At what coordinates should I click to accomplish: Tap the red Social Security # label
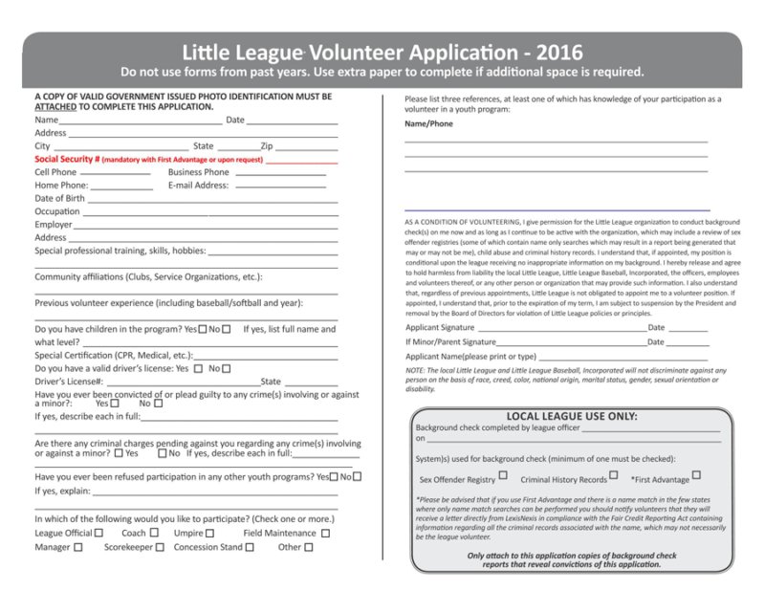click(67, 159)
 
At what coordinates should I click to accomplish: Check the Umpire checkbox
click(209, 533)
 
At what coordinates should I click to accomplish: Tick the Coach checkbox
click(155, 533)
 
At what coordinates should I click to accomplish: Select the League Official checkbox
click(99, 533)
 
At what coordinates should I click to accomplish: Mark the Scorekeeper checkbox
click(160, 548)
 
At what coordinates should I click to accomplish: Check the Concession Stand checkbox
click(250, 548)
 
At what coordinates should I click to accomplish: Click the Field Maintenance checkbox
click(325, 533)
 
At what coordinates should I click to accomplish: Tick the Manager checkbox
click(78, 548)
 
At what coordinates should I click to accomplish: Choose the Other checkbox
click(308, 548)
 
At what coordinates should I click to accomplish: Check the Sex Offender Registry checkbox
click(503, 476)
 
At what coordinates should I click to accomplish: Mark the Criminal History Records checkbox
click(615, 476)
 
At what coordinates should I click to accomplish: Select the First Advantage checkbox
click(696, 475)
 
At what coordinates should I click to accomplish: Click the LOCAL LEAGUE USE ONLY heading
click(571, 416)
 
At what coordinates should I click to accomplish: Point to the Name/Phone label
click(428, 124)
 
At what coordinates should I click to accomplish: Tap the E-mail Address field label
click(198, 186)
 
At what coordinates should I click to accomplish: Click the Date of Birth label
click(59, 199)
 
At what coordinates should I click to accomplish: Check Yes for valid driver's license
click(198, 368)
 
